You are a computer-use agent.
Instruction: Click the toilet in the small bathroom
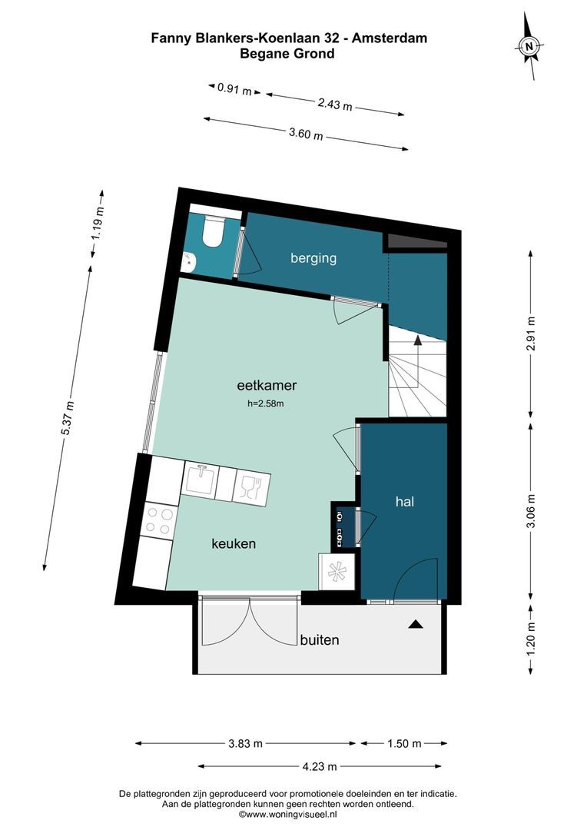pyautogui.click(x=212, y=231)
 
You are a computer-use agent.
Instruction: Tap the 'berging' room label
pyautogui.click(x=313, y=258)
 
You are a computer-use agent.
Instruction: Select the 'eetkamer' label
pyautogui.click(x=267, y=385)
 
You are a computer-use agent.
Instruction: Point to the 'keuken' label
pyautogui.click(x=234, y=543)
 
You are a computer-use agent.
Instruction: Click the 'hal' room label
pyautogui.click(x=405, y=501)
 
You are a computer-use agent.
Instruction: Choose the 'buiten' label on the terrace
pyautogui.click(x=320, y=640)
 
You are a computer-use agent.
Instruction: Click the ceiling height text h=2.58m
pyautogui.click(x=266, y=404)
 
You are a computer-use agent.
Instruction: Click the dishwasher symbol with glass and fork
pyautogui.click(x=251, y=487)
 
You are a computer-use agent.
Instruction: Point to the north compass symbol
pyautogui.click(x=529, y=46)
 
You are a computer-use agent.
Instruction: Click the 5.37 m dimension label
pyautogui.click(x=68, y=419)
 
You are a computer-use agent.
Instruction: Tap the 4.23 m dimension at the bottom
pyautogui.click(x=320, y=766)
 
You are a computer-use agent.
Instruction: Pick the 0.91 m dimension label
pyautogui.click(x=234, y=89)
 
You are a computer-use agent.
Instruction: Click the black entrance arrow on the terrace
pyautogui.click(x=416, y=624)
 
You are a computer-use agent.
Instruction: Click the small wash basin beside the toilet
pyautogui.click(x=189, y=260)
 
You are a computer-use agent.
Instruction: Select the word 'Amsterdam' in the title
pyautogui.click(x=390, y=38)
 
